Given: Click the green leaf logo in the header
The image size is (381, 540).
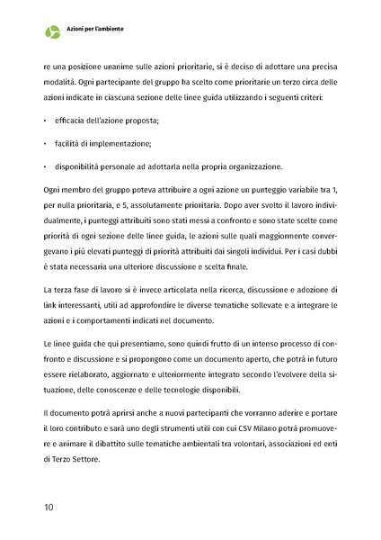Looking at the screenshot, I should (x=53, y=32).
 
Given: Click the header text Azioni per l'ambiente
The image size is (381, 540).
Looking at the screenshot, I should (x=95, y=30).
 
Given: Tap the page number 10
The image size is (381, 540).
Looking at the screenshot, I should (x=49, y=508).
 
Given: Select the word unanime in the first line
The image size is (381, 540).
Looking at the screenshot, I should (x=124, y=67).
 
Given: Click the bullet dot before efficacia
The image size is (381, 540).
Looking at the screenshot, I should (x=45, y=121).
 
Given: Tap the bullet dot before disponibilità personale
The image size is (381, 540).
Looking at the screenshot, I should (x=45, y=167).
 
